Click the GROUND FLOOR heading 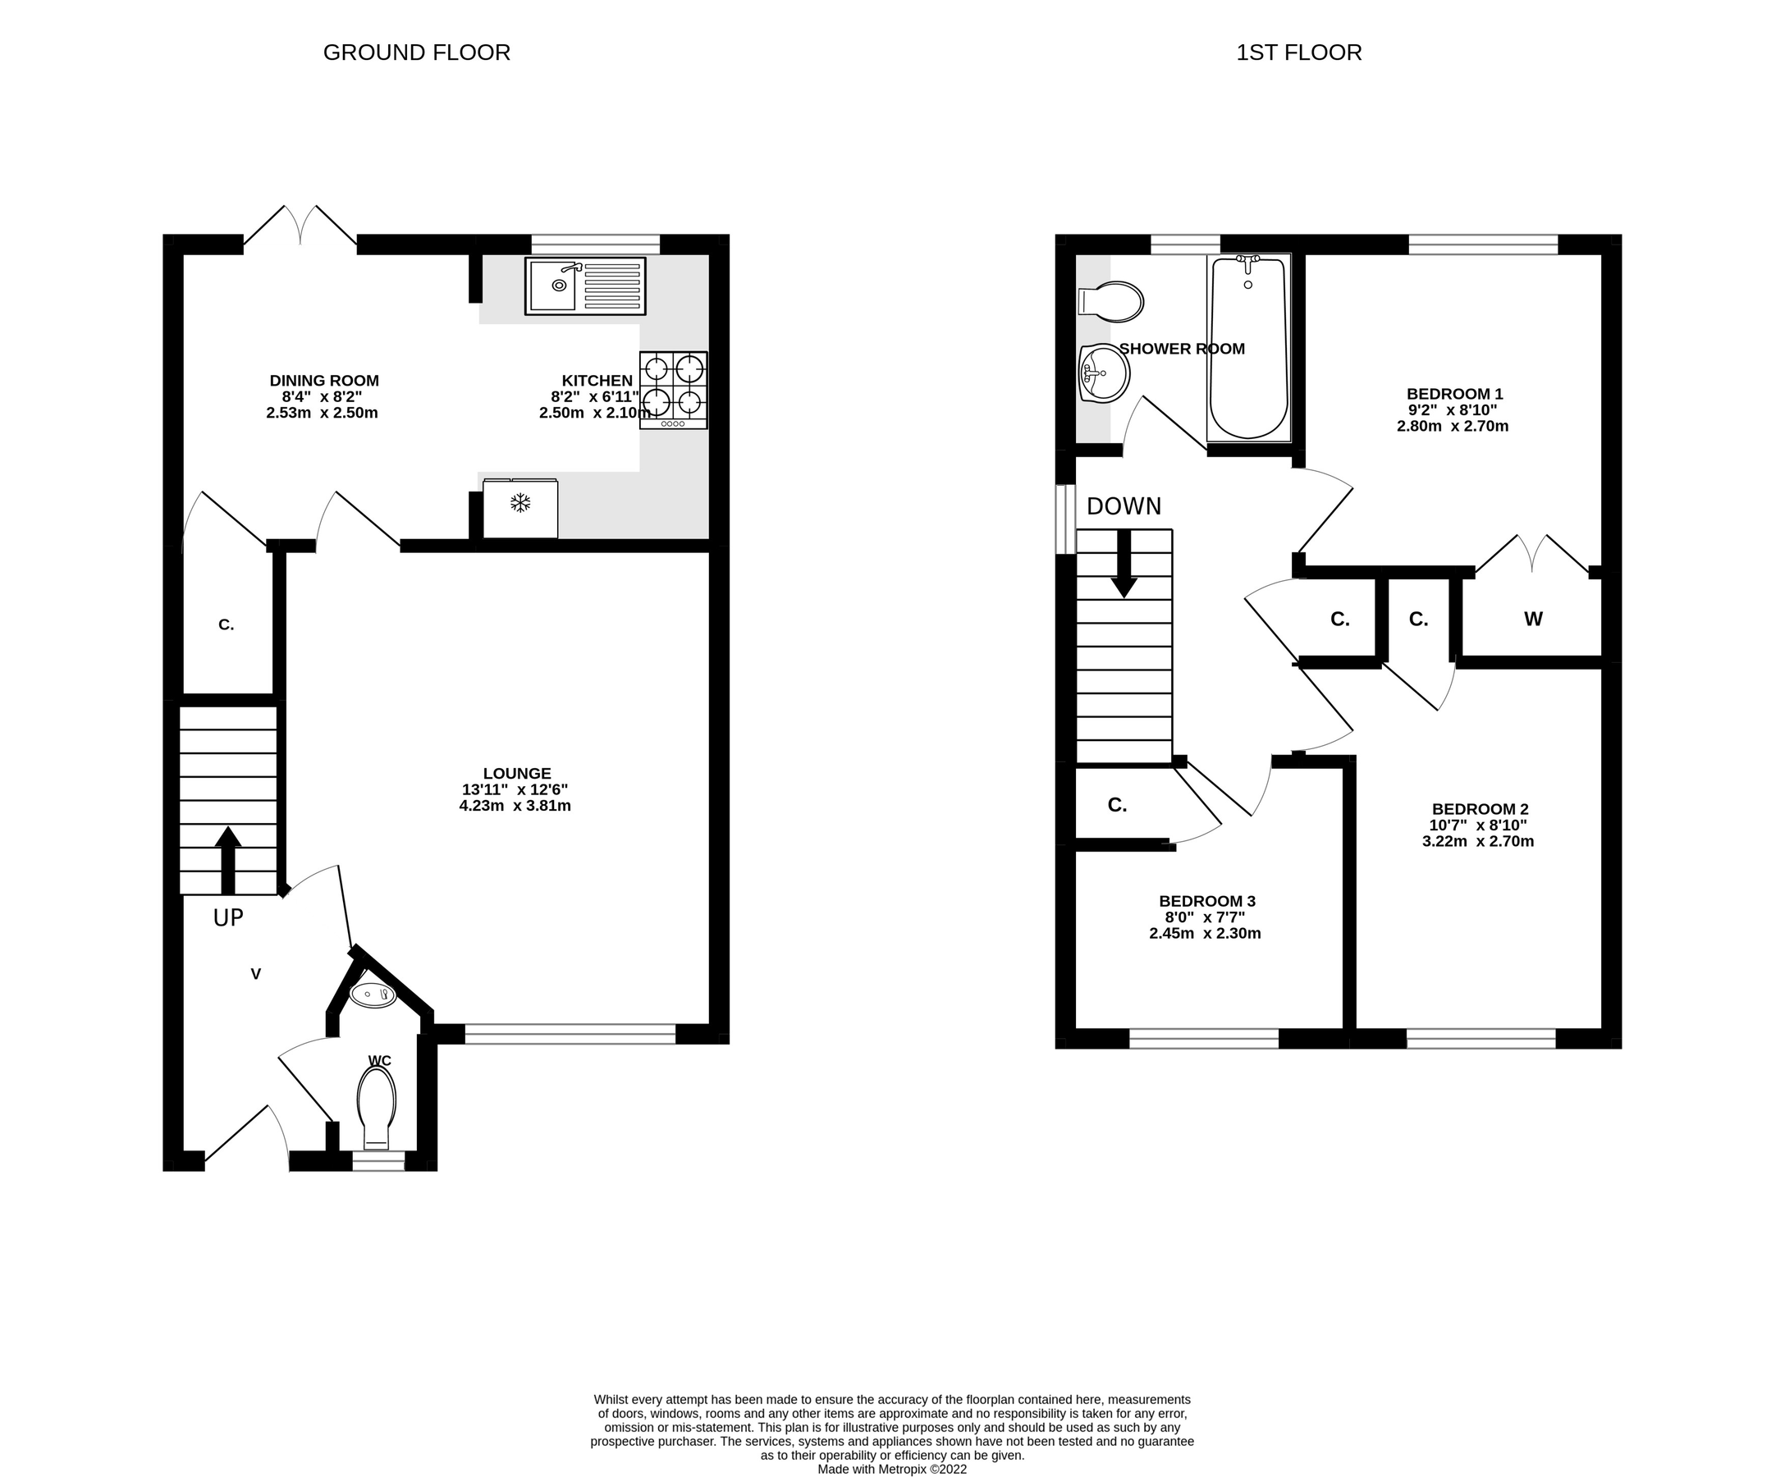tap(417, 53)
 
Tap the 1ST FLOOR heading tap(1298, 53)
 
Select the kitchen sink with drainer tap(585, 286)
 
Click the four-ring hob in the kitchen tap(673, 389)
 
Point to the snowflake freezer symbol tap(520, 503)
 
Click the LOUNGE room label tap(517, 773)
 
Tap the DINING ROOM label tap(324, 381)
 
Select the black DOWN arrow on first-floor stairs tap(1124, 564)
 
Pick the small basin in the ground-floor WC tap(373, 995)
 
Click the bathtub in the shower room tap(1247, 349)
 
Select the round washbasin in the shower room tap(1103, 373)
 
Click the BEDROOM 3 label tap(1206, 901)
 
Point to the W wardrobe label tap(1532, 620)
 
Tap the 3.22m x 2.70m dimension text tap(1477, 841)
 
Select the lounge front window tap(570, 1033)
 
